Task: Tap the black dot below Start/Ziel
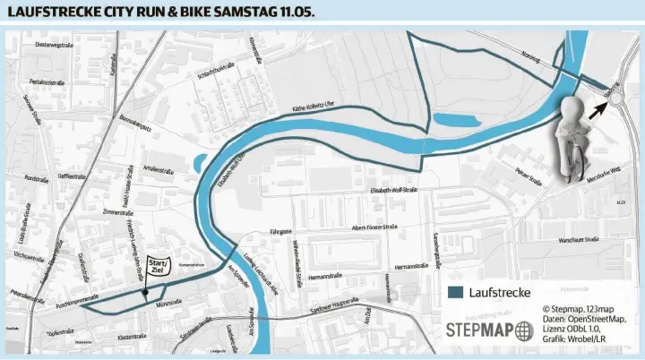(x=144, y=291)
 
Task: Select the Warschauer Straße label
(x=580, y=241)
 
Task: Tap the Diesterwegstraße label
(x=53, y=45)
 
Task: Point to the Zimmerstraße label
(x=118, y=212)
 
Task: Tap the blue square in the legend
(x=456, y=292)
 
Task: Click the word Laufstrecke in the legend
(x=500, y=292)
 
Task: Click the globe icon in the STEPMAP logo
(x=524, y=329)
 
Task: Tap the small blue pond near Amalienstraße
(x=196, y=163)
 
